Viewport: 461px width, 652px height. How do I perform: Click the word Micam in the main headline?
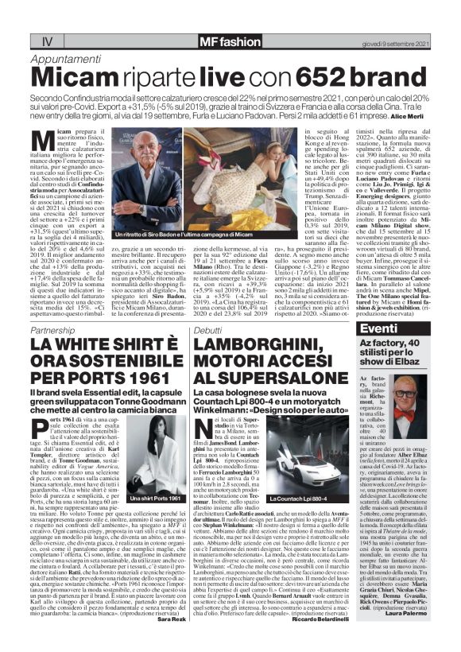click(81, 76)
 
